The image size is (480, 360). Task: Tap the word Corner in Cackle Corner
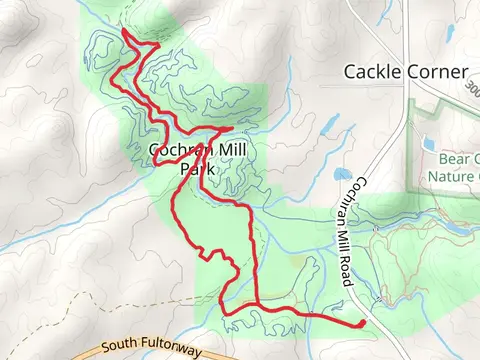[440, 72]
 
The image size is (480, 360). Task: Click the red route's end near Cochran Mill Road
[361, 323]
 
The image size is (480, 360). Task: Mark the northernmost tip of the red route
[123, 33]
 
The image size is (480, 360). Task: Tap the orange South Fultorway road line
[60, 351]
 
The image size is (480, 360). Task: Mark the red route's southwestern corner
[222, 313]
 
